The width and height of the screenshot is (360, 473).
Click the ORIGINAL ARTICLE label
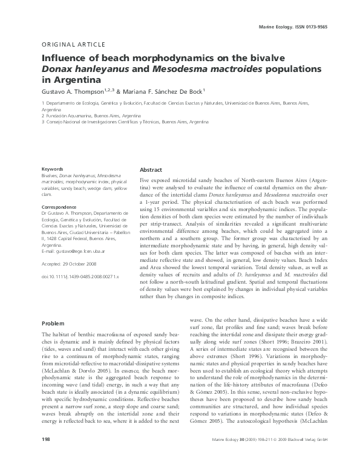(73, 45)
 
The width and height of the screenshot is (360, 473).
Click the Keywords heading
(52, 169)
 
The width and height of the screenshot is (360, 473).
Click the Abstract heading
(151, 170)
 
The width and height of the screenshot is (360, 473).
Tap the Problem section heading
(53, 323)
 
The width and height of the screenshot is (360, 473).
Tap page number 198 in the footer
(45, 455)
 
